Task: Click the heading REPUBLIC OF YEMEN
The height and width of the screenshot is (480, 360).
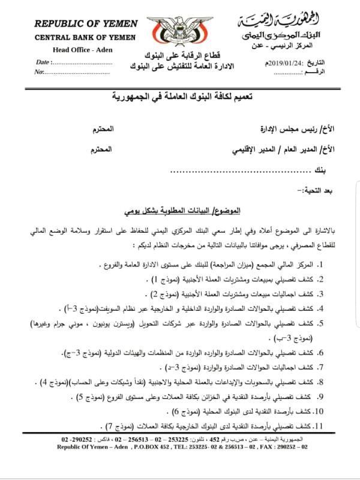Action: tap(85, 24)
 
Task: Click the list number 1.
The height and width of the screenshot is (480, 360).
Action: tap(338, 264)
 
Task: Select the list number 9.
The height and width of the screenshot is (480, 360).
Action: tap(338, 397)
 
